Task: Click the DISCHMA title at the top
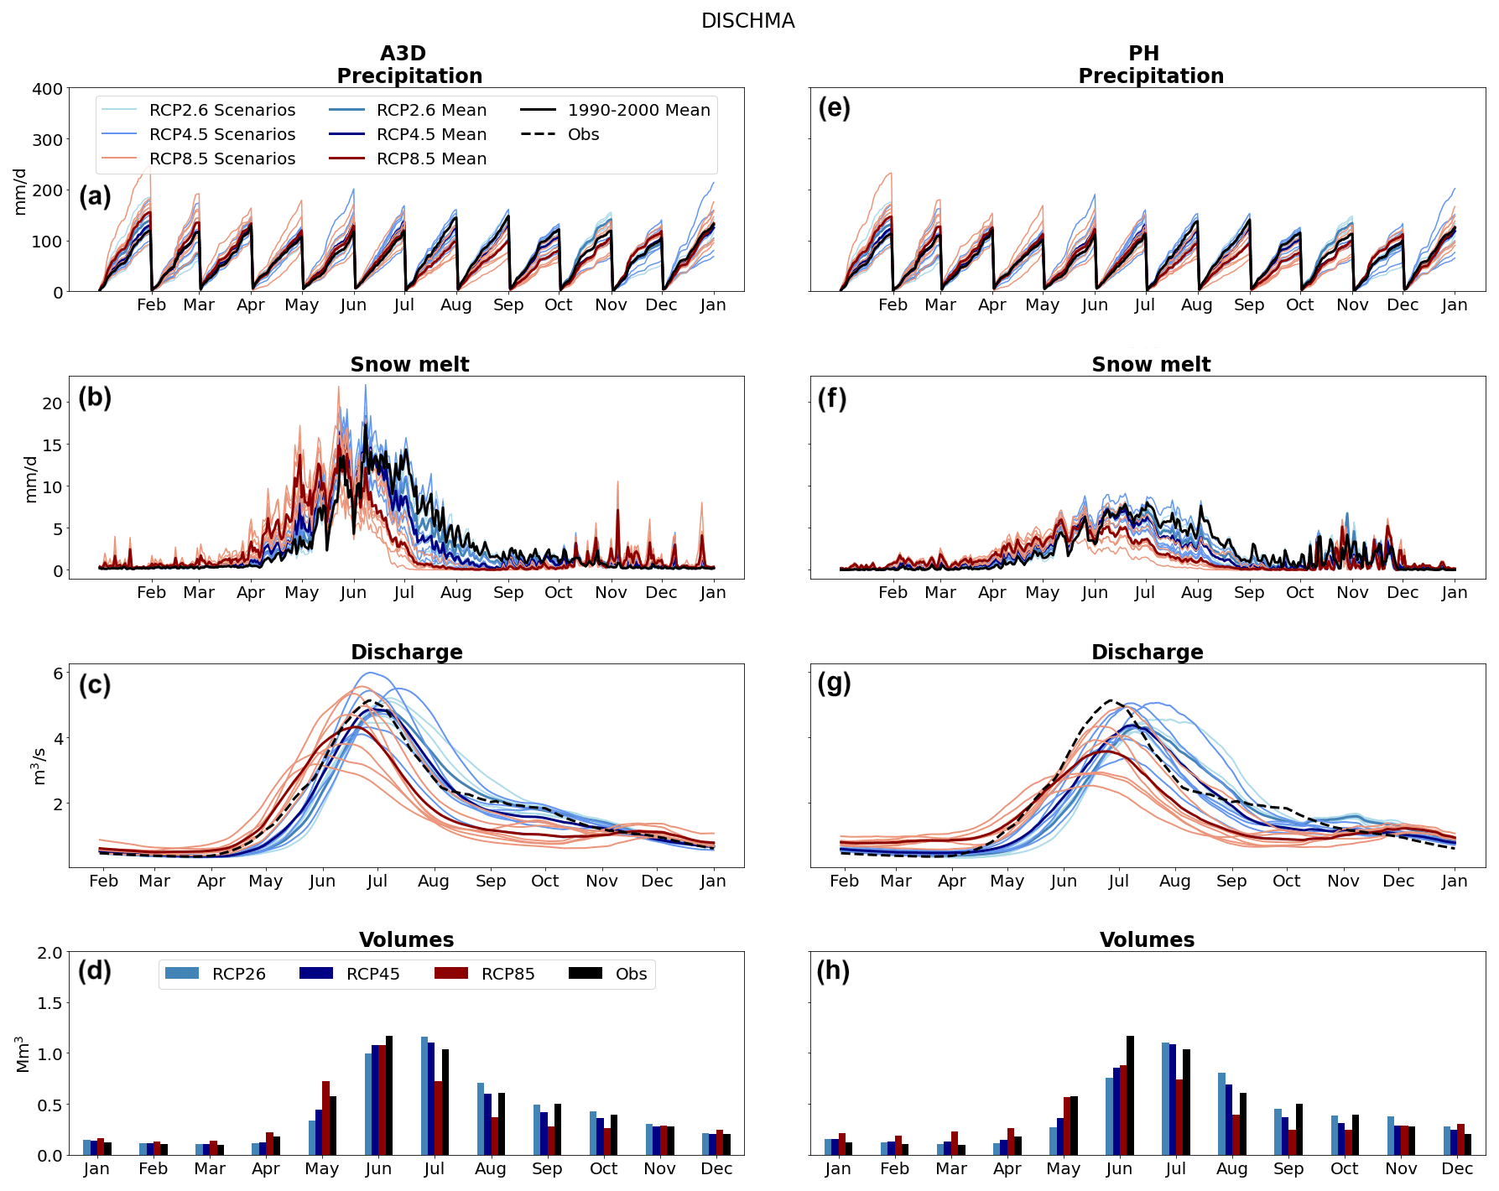(x=747, y=21)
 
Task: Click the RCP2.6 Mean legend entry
(x=431, y=110)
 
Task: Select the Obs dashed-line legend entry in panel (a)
(x=583, y=134)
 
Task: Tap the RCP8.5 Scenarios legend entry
(x=222, y=159)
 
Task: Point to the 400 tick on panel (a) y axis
(x=48, y=89)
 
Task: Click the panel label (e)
(x=834, y=108)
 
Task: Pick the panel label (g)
(x=834, y=684)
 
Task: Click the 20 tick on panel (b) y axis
(x=53, y=403)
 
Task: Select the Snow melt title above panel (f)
(x=1151, y=365)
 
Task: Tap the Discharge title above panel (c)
(x=407, y=653)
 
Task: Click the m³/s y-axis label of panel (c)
(x=39, y=767)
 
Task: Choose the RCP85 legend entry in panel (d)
(x=507, y=974)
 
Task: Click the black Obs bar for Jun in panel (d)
(x=389, y=1095)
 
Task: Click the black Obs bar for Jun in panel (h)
(x=1130, y=1095)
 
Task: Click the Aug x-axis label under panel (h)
(x=1231, y=1168)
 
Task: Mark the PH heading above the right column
(x=1143, y=54)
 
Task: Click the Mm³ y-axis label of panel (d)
(x=23, y=1054)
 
